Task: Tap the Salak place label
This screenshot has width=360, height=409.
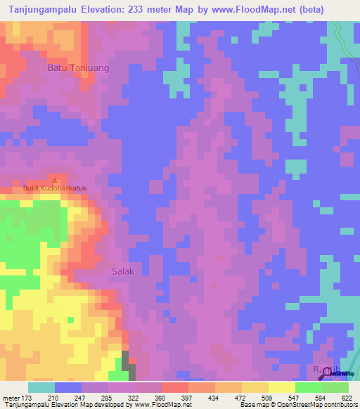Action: [x=122, y=271]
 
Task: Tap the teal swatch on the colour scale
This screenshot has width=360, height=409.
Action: [x=41, y=387]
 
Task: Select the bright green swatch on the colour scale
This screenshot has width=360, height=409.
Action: [x=308, y=387]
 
